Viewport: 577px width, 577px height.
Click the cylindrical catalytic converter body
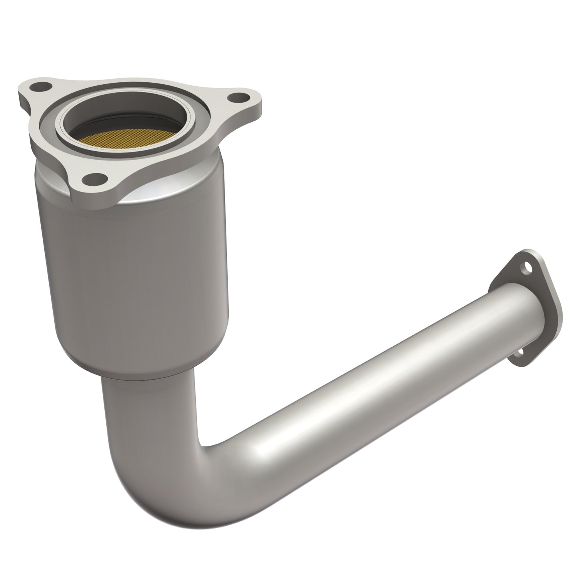pyautogui.click(x=132, y=272)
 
